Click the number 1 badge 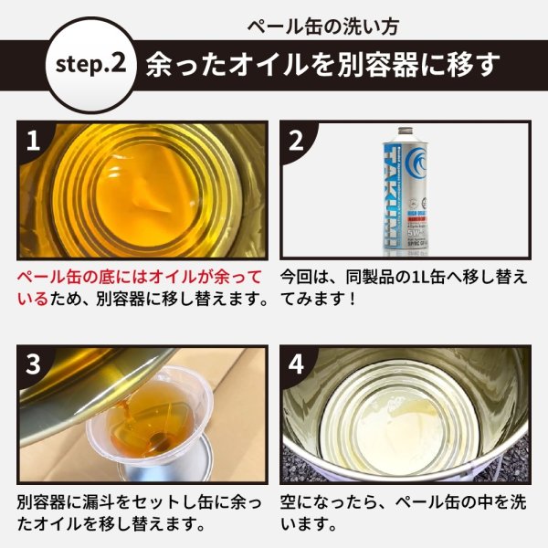(34, 142)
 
